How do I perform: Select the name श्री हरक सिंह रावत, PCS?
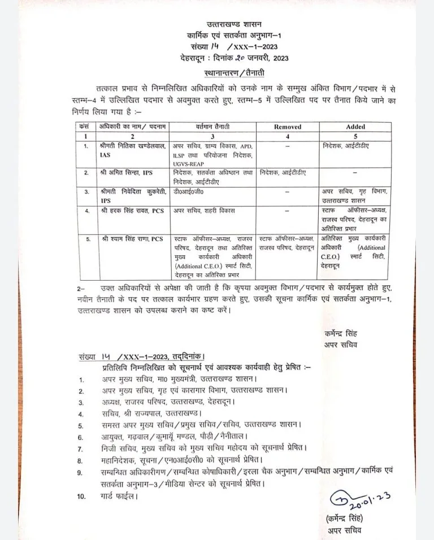tap(131, 210)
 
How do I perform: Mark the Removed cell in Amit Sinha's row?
tap(284, 172)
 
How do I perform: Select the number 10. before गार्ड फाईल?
tap(82, 497)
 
